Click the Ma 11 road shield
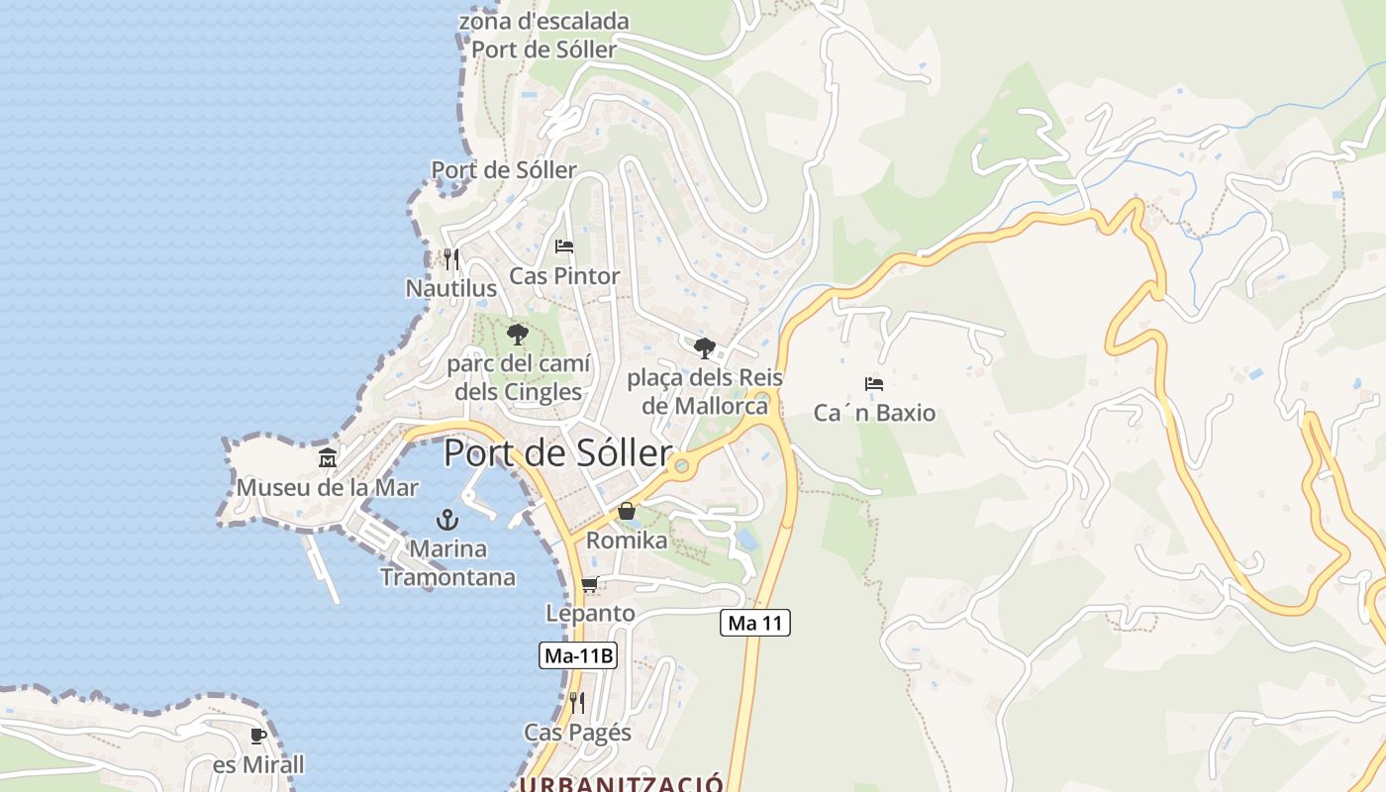tap(754, 623)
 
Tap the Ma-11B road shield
tap(578, 655)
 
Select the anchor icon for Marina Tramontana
tap(447, 520)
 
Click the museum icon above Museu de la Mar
tap(328, 458)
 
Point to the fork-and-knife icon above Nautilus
tap(450, 258)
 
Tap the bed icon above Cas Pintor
tap(564, 246)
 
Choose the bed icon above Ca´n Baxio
tap(873, 383)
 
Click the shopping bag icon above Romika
tap(627, 511)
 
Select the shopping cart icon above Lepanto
tap(590, 584)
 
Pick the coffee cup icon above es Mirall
tap(258, 736)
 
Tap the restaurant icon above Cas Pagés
tap(577, 703)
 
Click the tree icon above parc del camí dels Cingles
tap(517, 335)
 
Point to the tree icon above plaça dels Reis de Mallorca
tap(704, 348)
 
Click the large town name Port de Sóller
tap(557, 453)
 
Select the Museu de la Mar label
tap(327, 488)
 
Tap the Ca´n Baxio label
tap(874, 413)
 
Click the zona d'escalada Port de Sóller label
tap(544, 35)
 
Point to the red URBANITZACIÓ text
tap(622, 784)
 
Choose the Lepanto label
tap(590, 614)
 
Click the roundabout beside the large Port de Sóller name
tap(680, 464)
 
